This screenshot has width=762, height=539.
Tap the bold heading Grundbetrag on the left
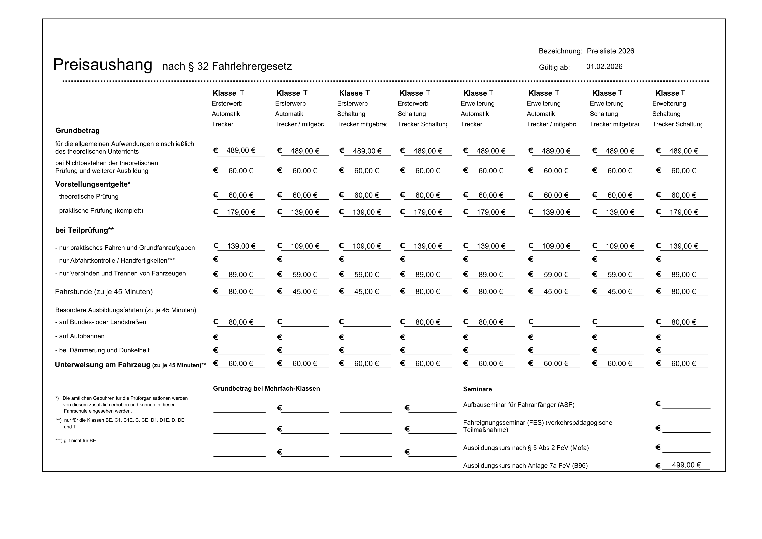pyautogui.click(x=77, y=131)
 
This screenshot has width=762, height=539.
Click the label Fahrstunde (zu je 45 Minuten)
pyautogui.click(x=104, y=292)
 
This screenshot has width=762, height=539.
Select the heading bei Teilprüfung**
pyautogui.click(x=84, y=230)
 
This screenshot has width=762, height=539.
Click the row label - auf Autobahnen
pyautogui.click(x=80, y=336)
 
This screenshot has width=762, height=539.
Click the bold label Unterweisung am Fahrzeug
pyautogui.click(x=103, y=365)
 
